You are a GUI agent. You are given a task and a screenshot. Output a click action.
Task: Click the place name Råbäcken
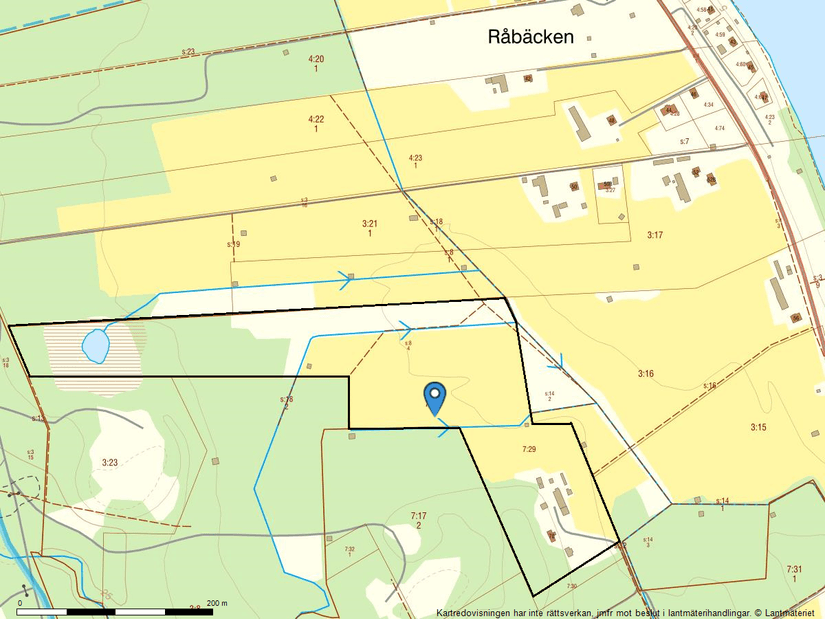pos(530,37)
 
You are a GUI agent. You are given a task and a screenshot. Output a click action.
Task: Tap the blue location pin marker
pos(434,397)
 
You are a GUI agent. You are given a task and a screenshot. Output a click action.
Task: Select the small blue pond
pos(96,346)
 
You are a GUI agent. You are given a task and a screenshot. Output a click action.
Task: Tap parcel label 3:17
pos(655,234)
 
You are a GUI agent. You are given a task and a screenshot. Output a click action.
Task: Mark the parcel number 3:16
pos(645,373)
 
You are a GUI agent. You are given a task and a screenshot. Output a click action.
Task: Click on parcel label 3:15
pos(758,427)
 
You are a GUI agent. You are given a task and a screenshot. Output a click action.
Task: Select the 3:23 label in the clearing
pos(110,462)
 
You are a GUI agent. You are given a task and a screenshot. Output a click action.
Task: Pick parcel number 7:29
pos(529,450)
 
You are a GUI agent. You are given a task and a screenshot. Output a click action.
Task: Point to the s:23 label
pos(187,51)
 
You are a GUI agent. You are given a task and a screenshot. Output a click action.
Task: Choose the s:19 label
pos(233,244)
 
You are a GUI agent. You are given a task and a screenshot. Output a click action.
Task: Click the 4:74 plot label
pos(718,128)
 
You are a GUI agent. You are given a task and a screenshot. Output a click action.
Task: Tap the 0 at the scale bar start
pos(18,604)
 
